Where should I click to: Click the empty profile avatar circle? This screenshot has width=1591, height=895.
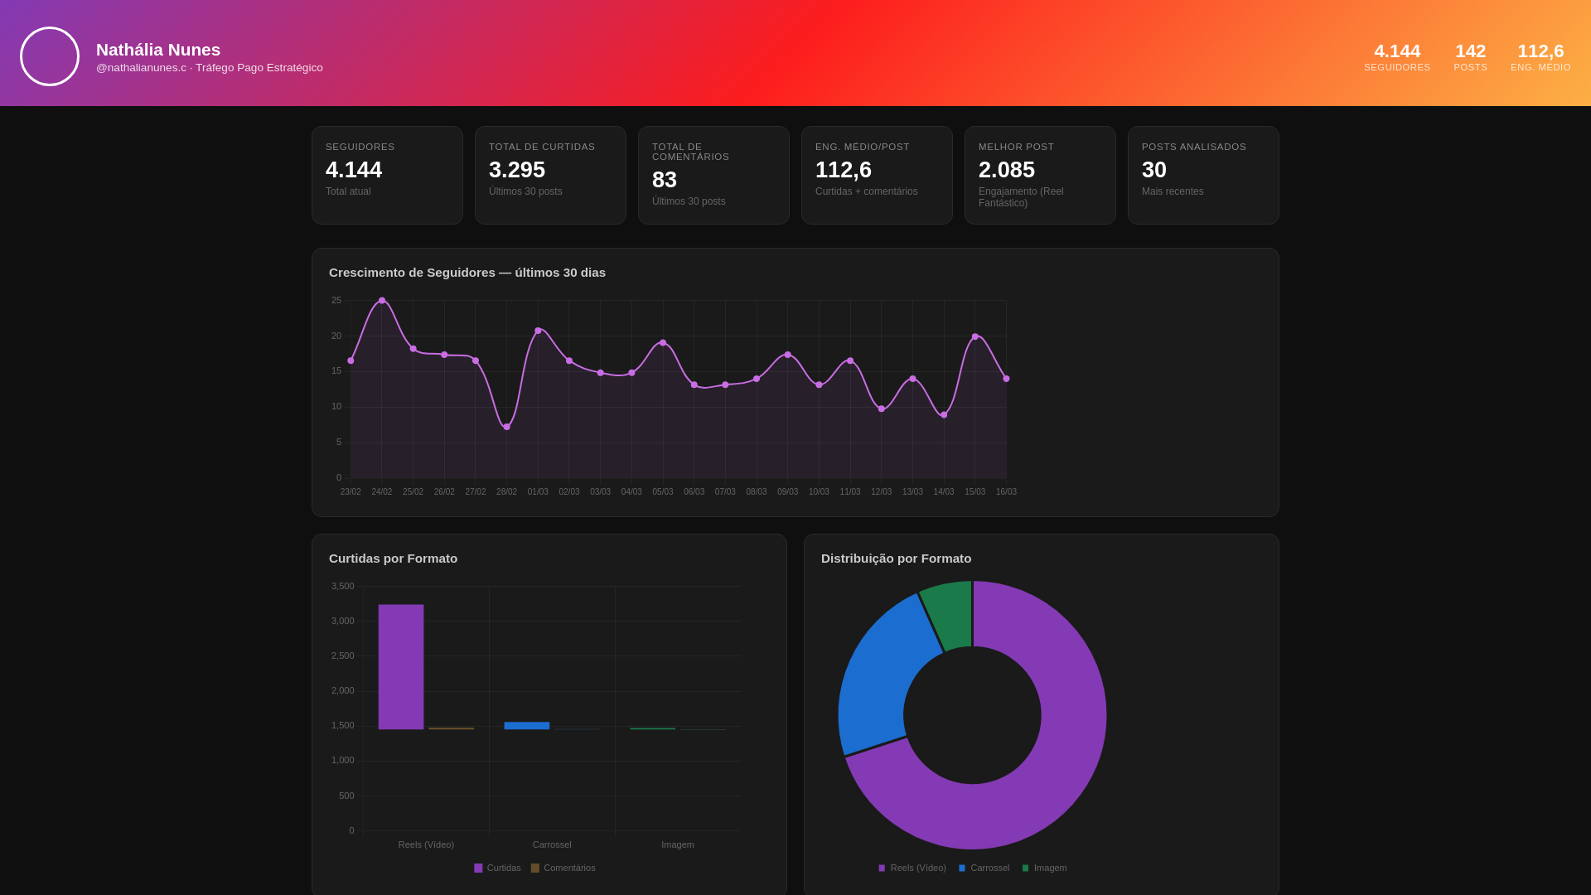point(50,56)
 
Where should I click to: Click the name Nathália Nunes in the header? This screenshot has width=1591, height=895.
point(158,50)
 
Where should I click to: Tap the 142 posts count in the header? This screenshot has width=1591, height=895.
point(1470,51)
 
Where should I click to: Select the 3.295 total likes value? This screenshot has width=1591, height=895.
point(517,170)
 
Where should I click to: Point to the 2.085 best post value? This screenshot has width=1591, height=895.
point(1007,170)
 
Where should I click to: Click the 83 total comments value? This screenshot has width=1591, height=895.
point(665,180)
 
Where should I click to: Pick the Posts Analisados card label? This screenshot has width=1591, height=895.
point(1193,147)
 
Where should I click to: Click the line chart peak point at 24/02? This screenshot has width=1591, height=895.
point(382,301)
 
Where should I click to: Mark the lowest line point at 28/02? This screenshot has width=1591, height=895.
point(507,427)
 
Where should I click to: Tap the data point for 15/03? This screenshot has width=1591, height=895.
point(975,336)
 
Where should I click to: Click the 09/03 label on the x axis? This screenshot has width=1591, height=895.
point(787,492)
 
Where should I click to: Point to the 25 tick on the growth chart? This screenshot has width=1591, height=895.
point(336,300)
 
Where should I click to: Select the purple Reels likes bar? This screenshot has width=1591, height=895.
point(401,667)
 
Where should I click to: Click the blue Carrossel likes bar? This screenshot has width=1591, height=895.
point(527,726)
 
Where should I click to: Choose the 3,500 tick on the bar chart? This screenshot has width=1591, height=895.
point(342,586)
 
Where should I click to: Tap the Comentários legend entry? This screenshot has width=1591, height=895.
point(563,868)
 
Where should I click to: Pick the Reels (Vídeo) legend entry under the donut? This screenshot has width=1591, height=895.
point(912,868)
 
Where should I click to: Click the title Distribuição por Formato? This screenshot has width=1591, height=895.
point(896,559)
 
